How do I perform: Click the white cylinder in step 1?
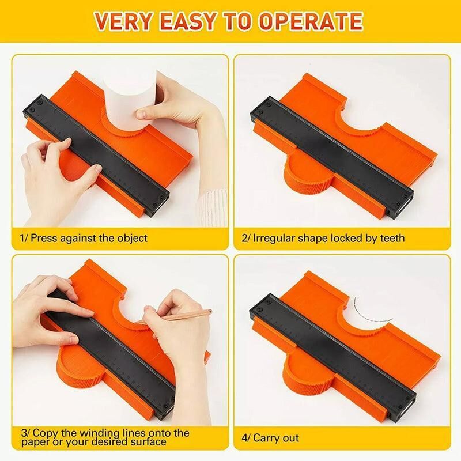[130, 100]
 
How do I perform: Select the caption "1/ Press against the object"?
[83, 238]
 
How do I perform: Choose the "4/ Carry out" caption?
[270, 438]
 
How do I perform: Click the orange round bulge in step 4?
[306, 379]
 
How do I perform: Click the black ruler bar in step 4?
[332, 355]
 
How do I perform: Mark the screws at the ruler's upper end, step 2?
[264, 108]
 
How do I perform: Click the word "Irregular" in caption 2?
[274, 238]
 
